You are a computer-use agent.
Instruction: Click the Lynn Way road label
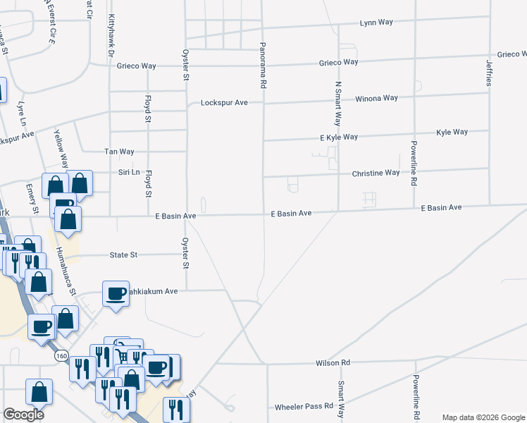point(376,23)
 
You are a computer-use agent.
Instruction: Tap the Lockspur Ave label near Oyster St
point(224,102)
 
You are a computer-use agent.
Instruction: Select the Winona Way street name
point(376,98)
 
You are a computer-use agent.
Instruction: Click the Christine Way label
point(376,173)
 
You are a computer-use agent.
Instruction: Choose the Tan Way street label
point(119,152)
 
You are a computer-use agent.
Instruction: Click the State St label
point(123,255)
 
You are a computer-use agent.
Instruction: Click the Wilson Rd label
point(333,363)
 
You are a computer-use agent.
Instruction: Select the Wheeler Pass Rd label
point(304,406)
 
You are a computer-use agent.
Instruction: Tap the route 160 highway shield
point(62,356)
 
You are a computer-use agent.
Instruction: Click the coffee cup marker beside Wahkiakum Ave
point(116,293)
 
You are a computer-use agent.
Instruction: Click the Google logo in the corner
point(24,415)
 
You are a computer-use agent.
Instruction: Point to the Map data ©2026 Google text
point(483,417)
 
